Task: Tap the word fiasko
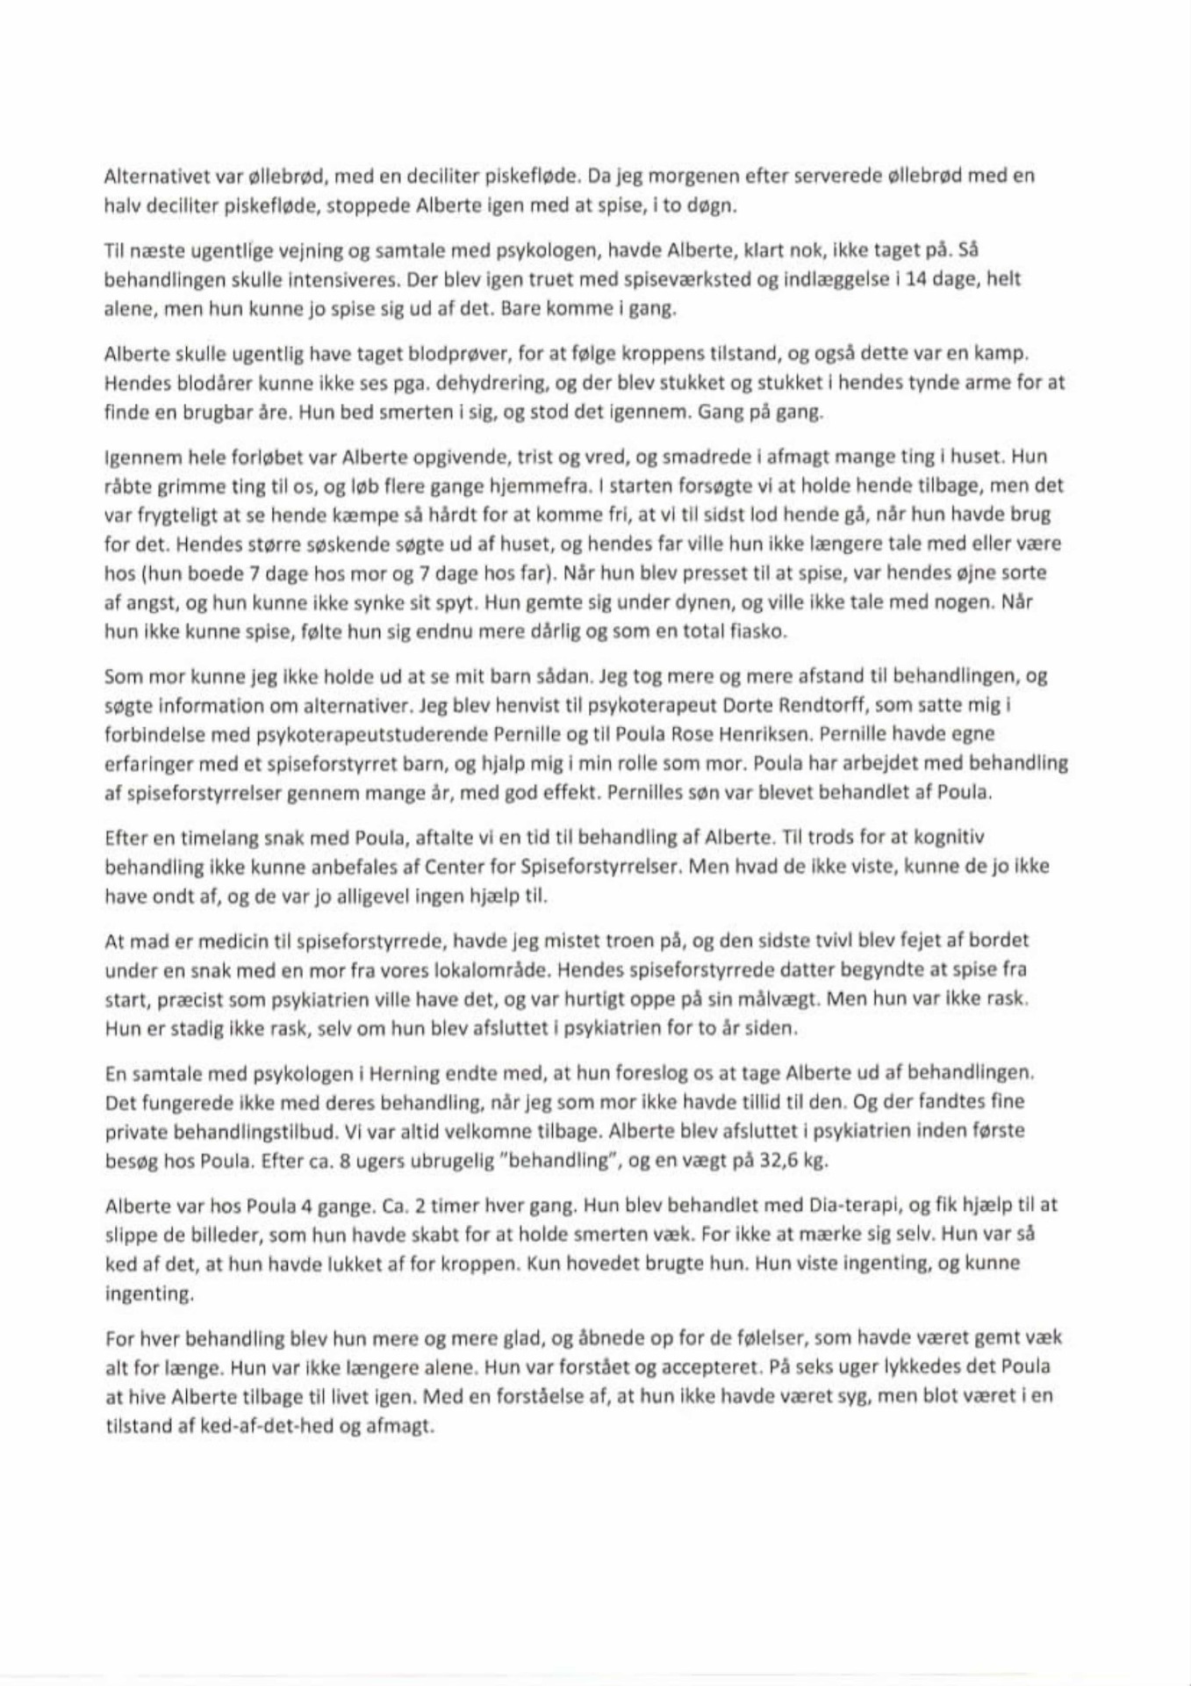[x=757, y=631]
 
